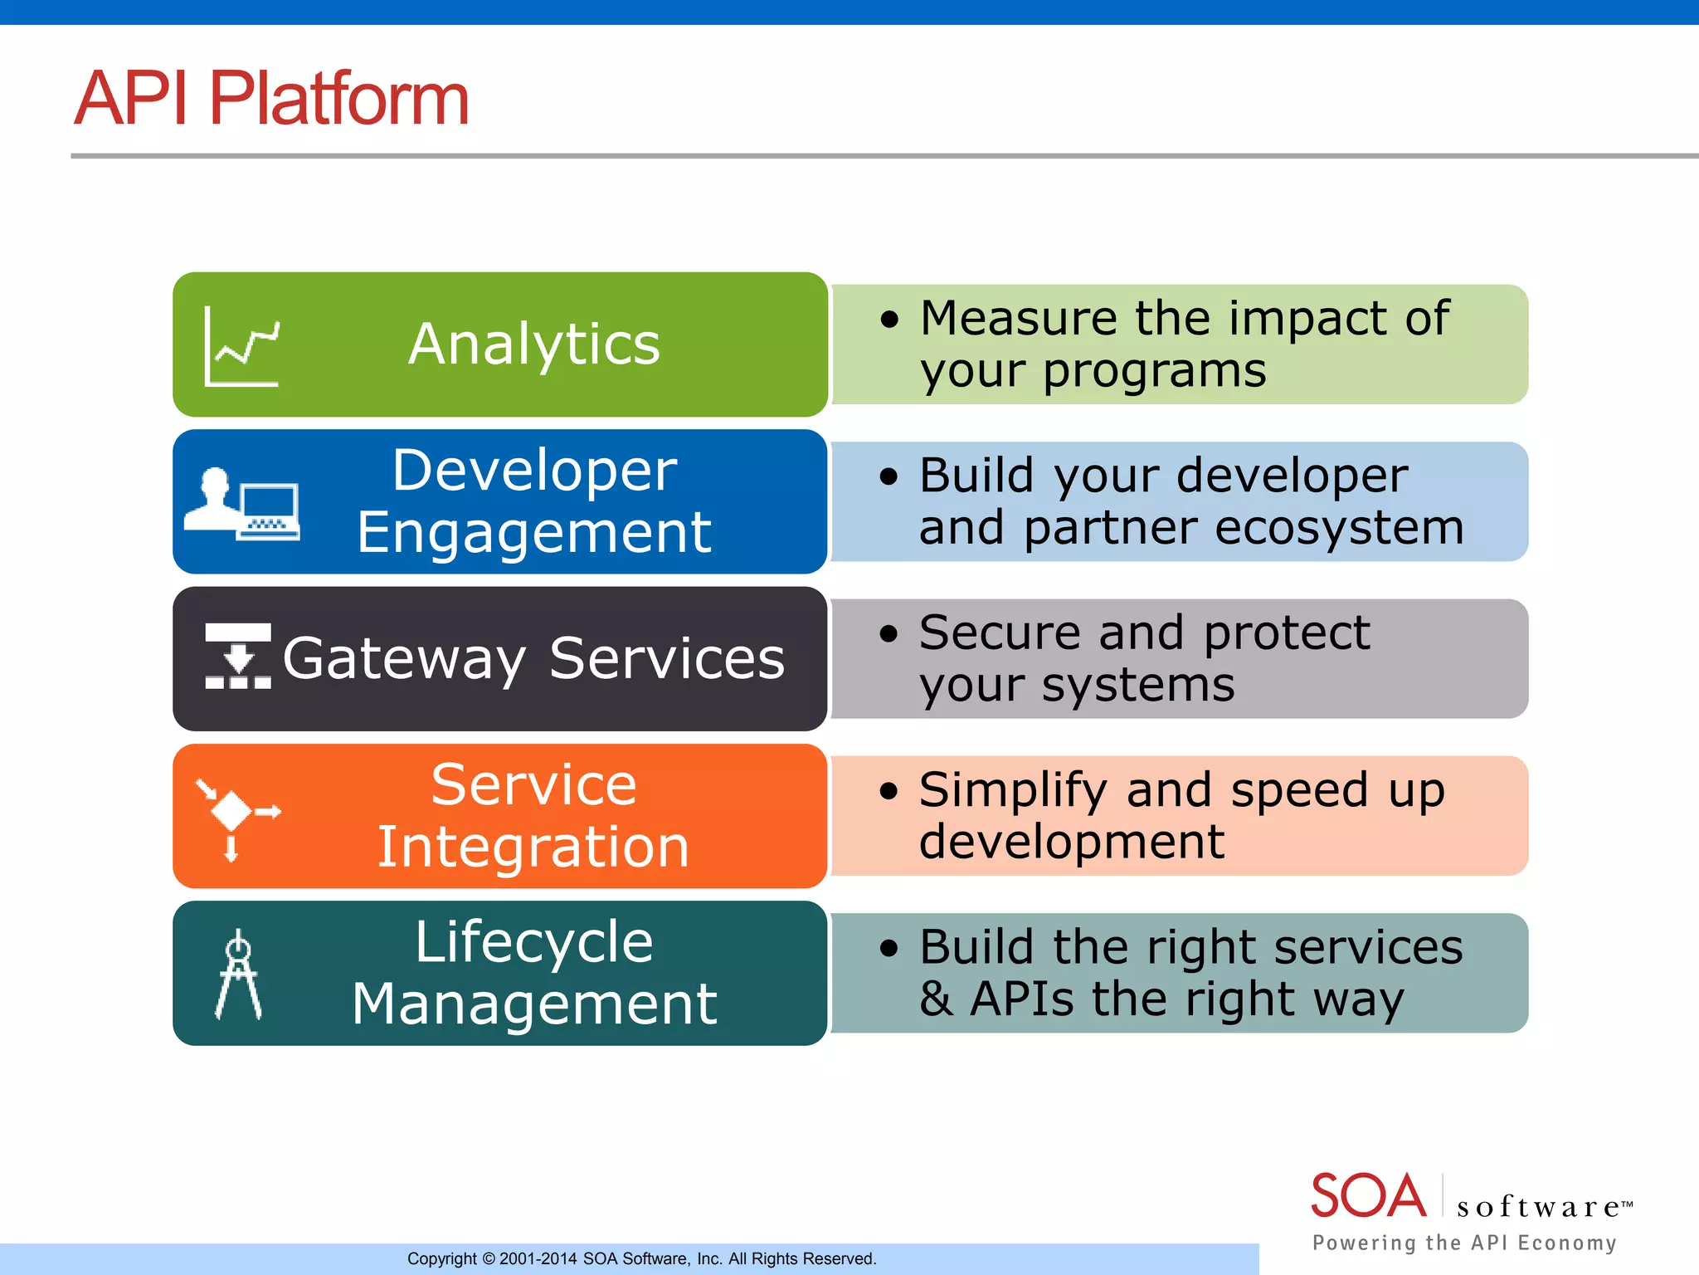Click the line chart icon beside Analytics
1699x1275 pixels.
point(241,346)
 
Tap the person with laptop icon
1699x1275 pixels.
point(241,504)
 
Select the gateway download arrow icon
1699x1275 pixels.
point(238,657)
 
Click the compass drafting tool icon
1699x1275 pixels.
point(238,975)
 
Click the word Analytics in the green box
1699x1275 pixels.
point(534,344)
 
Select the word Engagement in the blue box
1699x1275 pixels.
point(533,533)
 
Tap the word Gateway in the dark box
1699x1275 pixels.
point(404,659)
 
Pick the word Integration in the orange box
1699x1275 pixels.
point(533,848)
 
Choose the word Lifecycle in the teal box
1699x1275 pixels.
point(534,943)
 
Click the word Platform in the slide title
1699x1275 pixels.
point(338,99)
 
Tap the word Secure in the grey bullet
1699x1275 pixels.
point(1000,633)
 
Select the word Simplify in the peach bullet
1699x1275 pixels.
point(1013,790)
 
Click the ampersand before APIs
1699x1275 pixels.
point(936,999)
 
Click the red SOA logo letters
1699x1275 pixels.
point(1368,1196)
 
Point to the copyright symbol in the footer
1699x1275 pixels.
point(489,1259)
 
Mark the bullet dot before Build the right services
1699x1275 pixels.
point(889,949)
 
